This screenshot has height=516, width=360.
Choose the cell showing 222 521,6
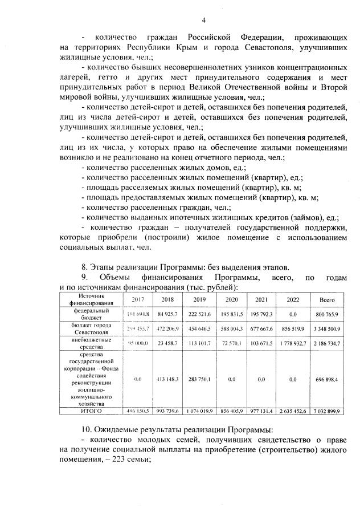tap(199, 314)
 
